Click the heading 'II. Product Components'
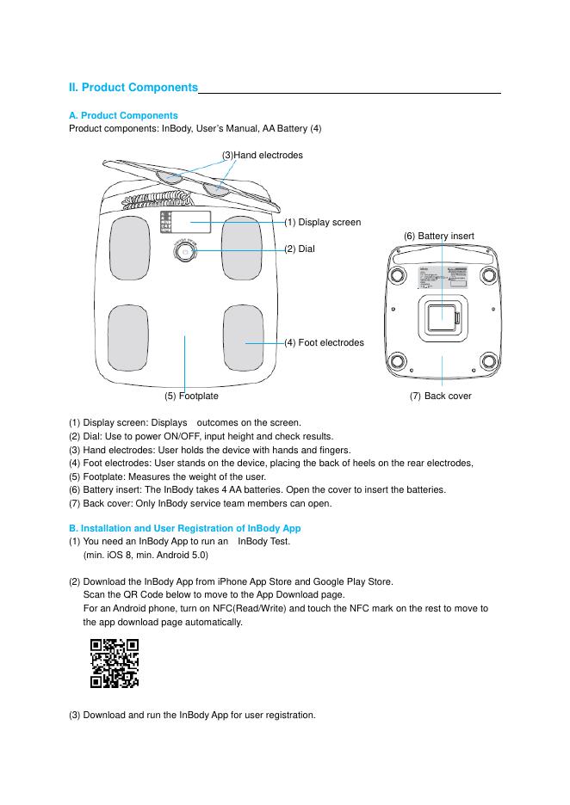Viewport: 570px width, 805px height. click(x=133, y=88)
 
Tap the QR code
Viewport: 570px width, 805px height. click(x=115, y=663)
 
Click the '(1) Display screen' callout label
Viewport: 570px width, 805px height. click(x=323, y=222)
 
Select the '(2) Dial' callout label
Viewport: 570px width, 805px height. click(x=300, y=249)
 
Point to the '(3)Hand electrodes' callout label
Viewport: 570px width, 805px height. click(x=263, y=155)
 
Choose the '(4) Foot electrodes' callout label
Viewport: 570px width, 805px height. click(x=324, y=342)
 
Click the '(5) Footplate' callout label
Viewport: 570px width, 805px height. click(x=191, y=396)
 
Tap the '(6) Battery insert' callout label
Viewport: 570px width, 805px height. click(x=438, y=236)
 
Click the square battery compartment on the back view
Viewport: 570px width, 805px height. click(x=441, y=314)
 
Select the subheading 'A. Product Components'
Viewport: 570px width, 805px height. click(x=123, y=115)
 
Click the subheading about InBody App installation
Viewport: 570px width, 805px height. click(x=184, y=527)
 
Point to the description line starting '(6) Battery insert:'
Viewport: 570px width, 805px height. click(x=257, y=489)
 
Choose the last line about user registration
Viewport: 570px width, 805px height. click(x=192, y=715)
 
